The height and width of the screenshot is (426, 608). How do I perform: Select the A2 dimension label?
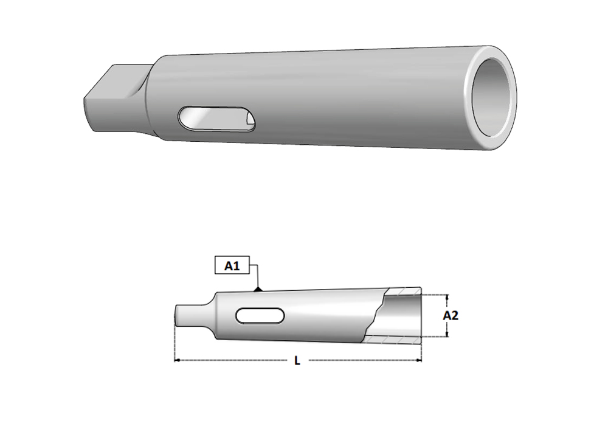(451, 316)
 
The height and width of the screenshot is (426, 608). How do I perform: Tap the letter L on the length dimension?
(297, 361)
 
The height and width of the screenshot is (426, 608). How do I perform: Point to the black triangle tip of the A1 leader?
(259, 288)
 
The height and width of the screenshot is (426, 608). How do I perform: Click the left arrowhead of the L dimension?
(178, 360)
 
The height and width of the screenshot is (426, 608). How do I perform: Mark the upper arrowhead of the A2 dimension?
(447, 298)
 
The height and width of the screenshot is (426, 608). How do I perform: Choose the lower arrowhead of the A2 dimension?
(447, 334)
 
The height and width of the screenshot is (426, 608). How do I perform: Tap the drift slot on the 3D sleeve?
(216, 118)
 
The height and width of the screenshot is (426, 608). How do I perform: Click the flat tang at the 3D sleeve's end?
(112, 97)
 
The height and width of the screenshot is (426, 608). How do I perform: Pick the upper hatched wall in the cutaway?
(404, 292)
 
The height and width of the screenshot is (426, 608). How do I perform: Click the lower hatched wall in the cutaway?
(395, 339)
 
